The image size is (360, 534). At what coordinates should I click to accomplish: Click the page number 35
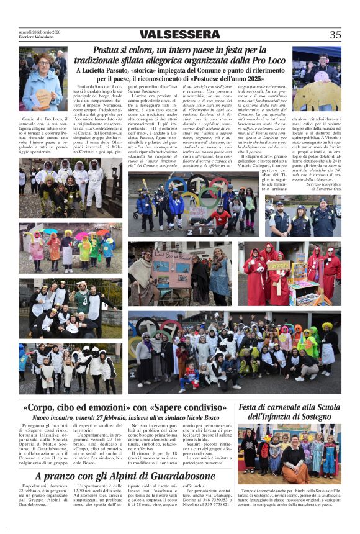click(x=335, y=35)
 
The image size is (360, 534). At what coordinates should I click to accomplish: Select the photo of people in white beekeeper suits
click(x=70, y=186)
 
